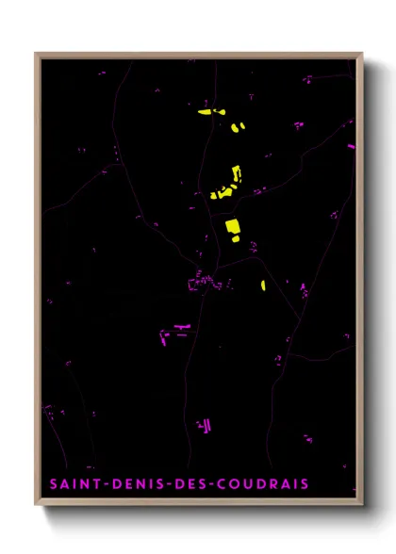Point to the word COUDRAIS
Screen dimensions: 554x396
(262, 484)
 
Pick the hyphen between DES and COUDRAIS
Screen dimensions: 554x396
(209, 484)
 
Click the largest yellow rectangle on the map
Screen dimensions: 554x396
(232, 227)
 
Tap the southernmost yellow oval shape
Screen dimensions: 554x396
(263, 284)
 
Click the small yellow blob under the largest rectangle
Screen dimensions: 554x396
(235, 240)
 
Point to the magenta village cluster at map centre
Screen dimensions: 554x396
(201, 283)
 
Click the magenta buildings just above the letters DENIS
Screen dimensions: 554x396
(203, 426)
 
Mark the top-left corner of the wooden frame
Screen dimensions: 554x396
(36, 54)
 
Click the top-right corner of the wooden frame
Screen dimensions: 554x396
(362, 54)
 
